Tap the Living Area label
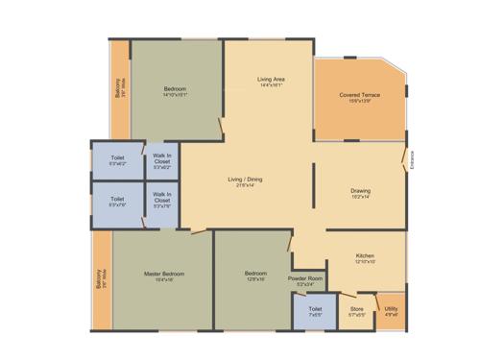point(270,78)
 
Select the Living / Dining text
point(245,180)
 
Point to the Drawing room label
point(361,190)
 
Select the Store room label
point(356,309)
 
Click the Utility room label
point(391,309)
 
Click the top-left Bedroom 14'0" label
point(175,88)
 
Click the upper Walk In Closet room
point(161,159)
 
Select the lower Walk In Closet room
point(161,201)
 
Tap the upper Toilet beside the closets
point(117,159)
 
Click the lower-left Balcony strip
point(101,281)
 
